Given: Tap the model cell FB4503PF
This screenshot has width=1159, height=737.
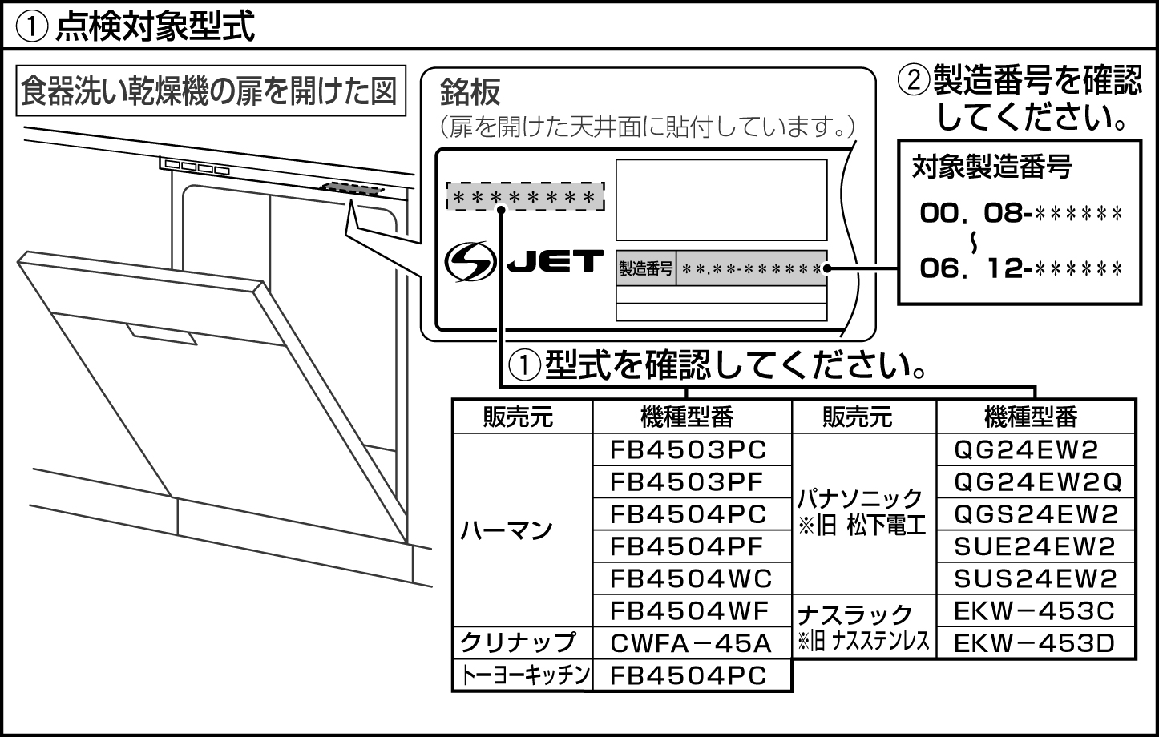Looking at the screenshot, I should (x=688, y=482).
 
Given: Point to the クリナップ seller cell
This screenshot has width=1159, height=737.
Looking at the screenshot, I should (x=518, y=642).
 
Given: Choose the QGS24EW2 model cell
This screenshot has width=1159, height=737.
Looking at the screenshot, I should (x=1035, y=514).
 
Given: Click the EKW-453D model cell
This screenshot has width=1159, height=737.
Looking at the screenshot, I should (x=1035, y=642).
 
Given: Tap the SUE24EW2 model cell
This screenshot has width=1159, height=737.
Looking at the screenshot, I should (x=1035, y=546).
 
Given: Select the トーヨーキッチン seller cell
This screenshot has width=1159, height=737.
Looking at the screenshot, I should (x=523, y=675).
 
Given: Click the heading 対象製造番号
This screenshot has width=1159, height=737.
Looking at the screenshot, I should (x=991, y=167).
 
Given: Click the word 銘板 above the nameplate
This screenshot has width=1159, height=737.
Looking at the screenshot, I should (x=470, y=93).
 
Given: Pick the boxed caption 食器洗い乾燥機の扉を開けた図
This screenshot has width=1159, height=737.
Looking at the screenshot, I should (x=208, y=91).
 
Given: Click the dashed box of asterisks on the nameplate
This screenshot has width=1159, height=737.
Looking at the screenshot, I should (x=525, y=196).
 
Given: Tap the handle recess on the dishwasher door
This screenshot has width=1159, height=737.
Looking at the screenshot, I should (x=160, y=335).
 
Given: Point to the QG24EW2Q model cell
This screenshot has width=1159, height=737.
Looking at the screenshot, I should (x=1036, y=482).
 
